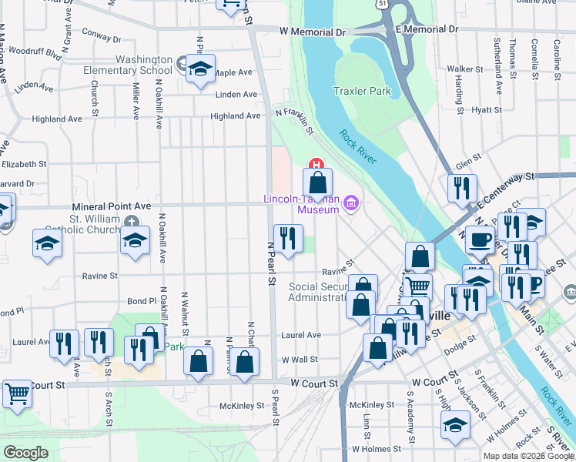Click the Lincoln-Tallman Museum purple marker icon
pyautogui.click(x=352, y=203)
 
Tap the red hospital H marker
pyautogui.click(x=315, y=163)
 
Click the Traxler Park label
pyautogui.click(x=362, y=91)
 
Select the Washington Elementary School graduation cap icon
pyautogui.click(x=200, y=69)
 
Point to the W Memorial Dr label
pyautogui.click(x=313, y=32)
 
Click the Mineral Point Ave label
pyautogui.click(x=112, y=206)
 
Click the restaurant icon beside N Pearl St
pyautogui.click(x=288, y=238)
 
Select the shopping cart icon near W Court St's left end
pyautogui.click(x=17, y=394)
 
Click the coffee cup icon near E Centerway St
pyautogui.click(x=481, y=240)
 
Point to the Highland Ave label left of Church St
pyautogui.click(x=56, y=119)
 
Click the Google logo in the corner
pyautogui.click(x=25, y=453)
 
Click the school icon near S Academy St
pyautogui.click(x=455, y=425)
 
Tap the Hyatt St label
pyautogui.click(x=487, y=111)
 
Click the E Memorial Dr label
pyautogui.click(x=427, y=28)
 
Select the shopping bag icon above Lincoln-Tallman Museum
pyautogui.click(x=317, y=184)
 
